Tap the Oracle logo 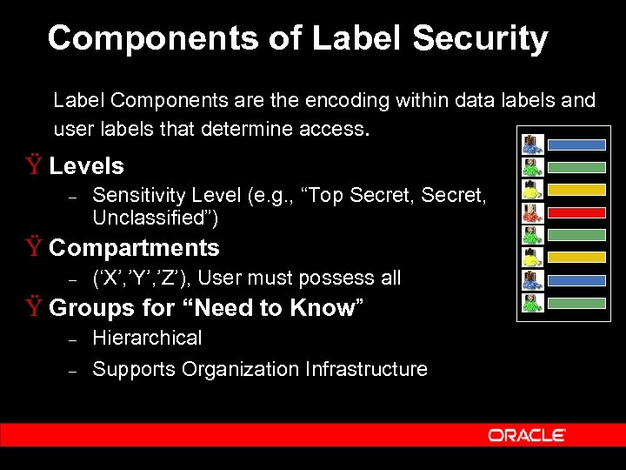coord(527,435)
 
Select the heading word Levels coord(87,166)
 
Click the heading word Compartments coord(135,248)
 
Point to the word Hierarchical coord(147,338)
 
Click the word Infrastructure coord(366,369)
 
